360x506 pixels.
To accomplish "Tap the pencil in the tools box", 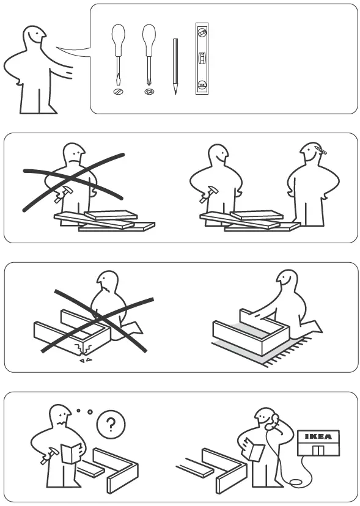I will [175, 66].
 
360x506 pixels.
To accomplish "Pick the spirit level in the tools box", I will [202, 59].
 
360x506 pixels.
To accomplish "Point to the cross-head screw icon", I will [149, 91].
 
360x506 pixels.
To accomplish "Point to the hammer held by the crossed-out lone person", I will [61, 194].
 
